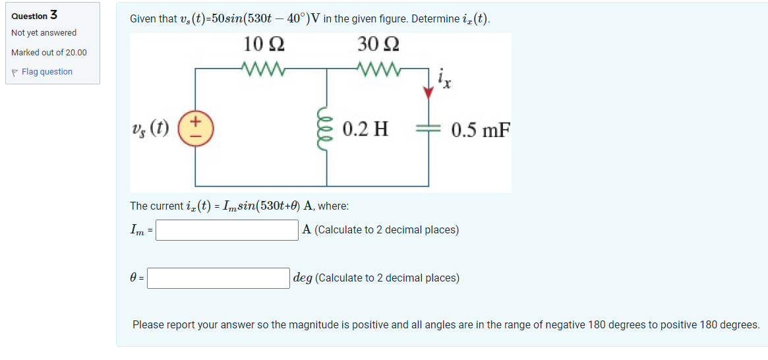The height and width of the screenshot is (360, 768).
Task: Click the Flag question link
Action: tap(46, 72)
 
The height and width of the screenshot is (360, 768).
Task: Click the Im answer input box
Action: tap(227, 230)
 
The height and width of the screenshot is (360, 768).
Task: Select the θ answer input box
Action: tap(218, 278)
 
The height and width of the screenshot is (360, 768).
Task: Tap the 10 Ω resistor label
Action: tap(264, 45)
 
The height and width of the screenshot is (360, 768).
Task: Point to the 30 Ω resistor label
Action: tap(378, 45)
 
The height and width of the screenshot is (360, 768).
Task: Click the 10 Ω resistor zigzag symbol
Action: tap(263, 68)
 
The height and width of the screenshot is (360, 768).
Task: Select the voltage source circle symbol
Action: tap(196, 127)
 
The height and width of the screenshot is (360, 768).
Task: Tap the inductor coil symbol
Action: tap(328, 128)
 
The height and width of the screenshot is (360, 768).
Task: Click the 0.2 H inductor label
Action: tap(365, 129)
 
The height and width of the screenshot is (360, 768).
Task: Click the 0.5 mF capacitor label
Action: tap(481, 129)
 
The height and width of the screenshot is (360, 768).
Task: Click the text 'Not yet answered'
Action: tap(44, 33)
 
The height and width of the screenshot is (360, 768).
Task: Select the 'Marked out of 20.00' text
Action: tap(49, 53)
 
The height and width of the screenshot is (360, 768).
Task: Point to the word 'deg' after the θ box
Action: tap(303, 278)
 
